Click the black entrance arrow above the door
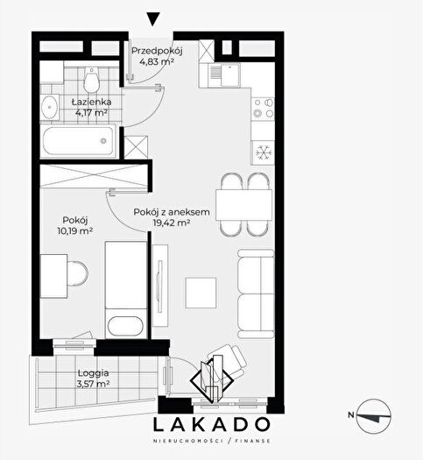pyautogui.click(x=153, y=19)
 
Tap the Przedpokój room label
pyautogui.click(x=157, y=51)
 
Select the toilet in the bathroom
pyautogui.click(x=91, y=80)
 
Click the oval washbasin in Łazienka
pyautogui.click(x=50, y=107)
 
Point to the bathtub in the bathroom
pyautogui.click(x=78, y=141)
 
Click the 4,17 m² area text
pyautogui.click(x=91, y=113)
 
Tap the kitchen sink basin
pyautogui.click(x=230, y=75)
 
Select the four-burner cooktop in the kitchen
pyautogui.click(x=263, y=108)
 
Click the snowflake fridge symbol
pyautogui.click(x=263, y=152)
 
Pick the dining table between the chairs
pyautogui.click(x=244, y=205)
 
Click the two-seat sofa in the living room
pyautogui.click(x=256, y=294)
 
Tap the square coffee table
pyautogui.click(x=201, y=293)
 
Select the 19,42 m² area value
pyautogui.click(x=172, y=223)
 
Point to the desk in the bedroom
pyautogui.click(x=54, y=276)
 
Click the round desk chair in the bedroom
pyautogui.click(x=77, y=273)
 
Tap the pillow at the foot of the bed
pyautogui.click(x=125, y=326)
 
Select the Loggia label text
pyautogui.click(x=93, y=373)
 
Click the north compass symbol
pyautogui.click(x=374, y=416)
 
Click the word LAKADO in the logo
pyautogui.click(x=211, y=424)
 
